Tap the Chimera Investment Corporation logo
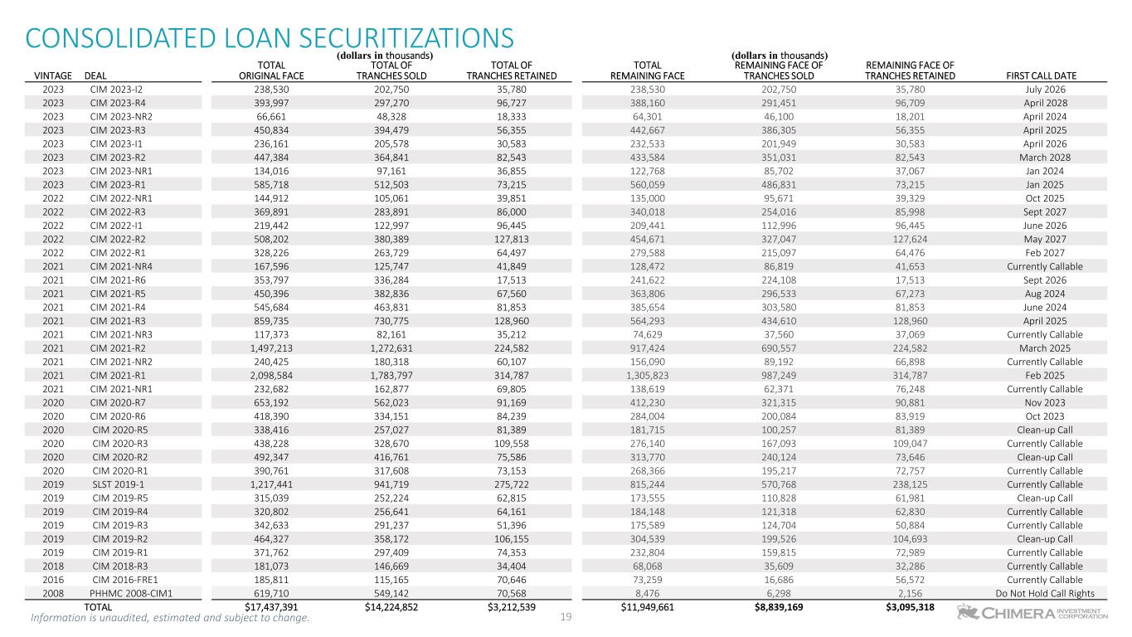[1032, 613]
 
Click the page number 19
[566, 616]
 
